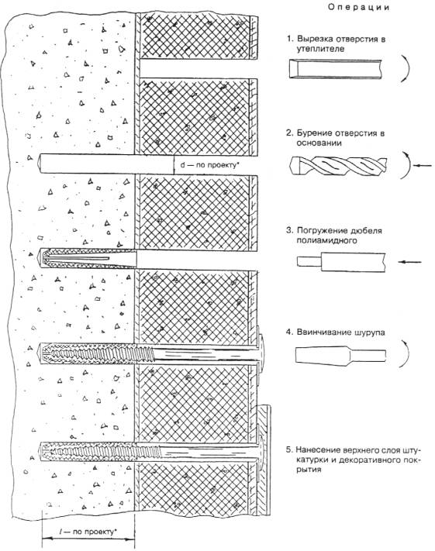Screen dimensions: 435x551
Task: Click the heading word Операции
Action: pyautogui.click(x=359, y=8)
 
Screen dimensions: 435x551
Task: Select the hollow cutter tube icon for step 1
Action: pyautogui.click(x=336, y=69)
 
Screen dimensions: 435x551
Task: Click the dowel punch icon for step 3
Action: pyautogui.click(x=340, y=262)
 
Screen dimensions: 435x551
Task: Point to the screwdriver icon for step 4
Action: pyautogui.click(x=340, y=355)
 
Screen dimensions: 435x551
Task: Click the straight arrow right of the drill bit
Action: pyautogui.click(x=423, y=165)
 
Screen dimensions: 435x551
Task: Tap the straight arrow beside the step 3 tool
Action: pyautogui.click(x=409, y=262)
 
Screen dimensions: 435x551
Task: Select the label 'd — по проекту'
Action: pyautogui.click(x=210, y=164)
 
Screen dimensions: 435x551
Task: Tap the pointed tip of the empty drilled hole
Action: pyautogui.click(x=38, y=164)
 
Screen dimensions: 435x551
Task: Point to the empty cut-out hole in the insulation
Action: pyautogui.click(x=196, y=69)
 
